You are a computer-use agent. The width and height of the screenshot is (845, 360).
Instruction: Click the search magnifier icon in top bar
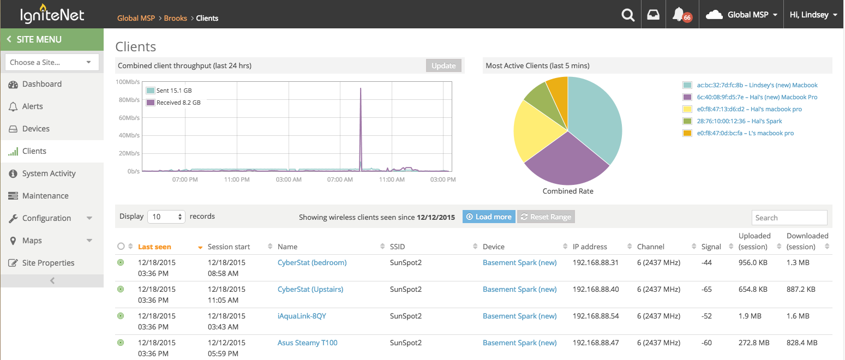(x=628, y=15)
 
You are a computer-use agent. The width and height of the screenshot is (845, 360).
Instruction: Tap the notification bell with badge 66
(x=679, y=15)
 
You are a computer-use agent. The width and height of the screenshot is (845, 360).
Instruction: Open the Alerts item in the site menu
(x=32, y=106)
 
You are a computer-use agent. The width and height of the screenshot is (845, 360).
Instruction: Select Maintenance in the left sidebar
(x=45, y=196)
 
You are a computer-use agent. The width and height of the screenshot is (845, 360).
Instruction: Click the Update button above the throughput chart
(x=444, y=65)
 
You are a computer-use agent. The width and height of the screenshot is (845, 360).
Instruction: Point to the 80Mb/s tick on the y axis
(x=129, y=100)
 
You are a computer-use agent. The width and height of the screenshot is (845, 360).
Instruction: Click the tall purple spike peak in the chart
(x=361, y=88)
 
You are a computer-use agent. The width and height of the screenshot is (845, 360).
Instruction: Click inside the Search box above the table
(x=789, y=218)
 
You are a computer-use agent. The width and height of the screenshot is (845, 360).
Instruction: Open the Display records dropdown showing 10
(x=166, y=217)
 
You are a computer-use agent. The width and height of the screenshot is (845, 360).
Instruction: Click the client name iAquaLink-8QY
(x=302, y=316)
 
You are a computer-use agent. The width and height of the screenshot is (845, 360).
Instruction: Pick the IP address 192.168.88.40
(x=596, y=289)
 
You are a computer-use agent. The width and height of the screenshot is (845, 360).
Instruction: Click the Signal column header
(x=711, y=247)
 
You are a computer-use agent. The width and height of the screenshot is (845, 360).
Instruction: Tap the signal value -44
(x=706, y=262)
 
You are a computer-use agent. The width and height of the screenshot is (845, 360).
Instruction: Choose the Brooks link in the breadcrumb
(x=176, y=18)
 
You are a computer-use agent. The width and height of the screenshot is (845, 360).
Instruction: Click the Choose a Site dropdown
(x=52, y=62)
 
